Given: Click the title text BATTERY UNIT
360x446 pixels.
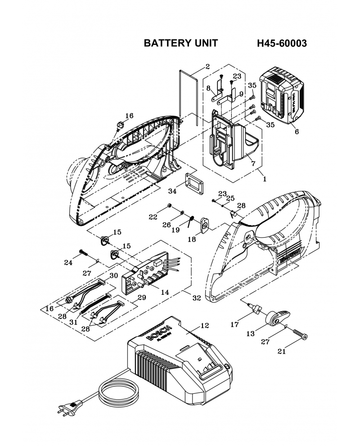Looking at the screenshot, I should click(x=180, y=43).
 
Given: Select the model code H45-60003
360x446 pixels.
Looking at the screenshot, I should click(x=282, y=43).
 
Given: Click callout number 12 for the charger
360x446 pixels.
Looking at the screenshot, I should click(x=205, y=325).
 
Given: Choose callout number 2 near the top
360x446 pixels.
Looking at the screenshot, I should click(x=207, y=67).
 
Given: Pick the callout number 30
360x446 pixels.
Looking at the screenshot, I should click(x=113, y=275).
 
